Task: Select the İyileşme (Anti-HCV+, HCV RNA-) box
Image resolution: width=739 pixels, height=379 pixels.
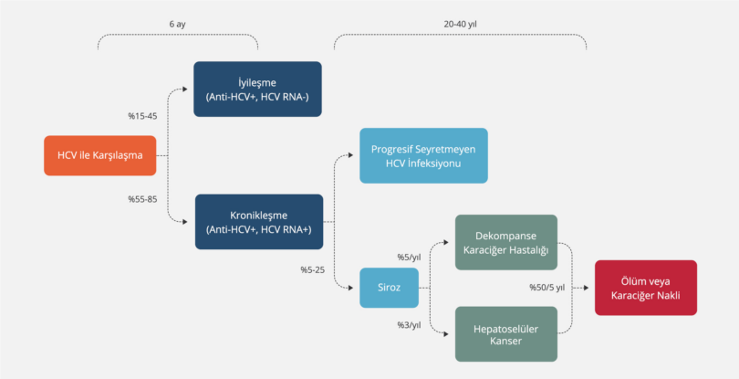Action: (x=257, y=89)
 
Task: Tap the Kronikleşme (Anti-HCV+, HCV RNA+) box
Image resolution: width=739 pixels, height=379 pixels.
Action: (x=258, y=222)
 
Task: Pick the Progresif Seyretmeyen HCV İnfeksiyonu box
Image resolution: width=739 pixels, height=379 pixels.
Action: (x=423, y=155)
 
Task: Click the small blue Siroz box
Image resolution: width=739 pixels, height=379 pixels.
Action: (x=389, y=289)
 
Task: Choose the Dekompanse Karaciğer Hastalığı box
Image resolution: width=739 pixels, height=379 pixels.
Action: (x=505, y=242)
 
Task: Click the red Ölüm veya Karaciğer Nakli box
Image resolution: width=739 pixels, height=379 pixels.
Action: (x=645, y=288)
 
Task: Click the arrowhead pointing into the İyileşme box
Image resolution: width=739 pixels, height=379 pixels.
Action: (x=189, y=89)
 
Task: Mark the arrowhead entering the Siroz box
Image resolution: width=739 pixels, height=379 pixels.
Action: (x=356, y=289)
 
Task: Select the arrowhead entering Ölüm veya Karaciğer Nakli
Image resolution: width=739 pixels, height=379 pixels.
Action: (x=590, y=288)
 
